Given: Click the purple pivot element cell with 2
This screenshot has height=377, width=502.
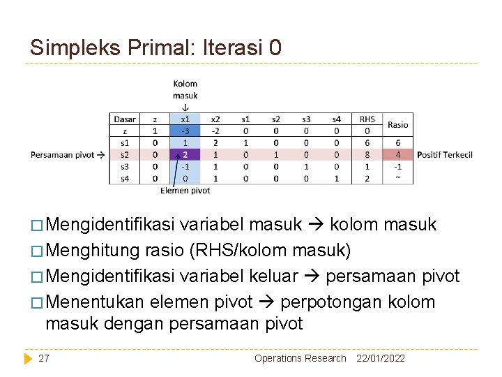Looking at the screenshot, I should [x=185, y=154].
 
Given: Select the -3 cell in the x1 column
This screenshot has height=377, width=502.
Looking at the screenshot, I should [x=185, y=131].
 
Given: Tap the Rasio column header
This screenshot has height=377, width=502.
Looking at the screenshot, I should [x=398, y=125].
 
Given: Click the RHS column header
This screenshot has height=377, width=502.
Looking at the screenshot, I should [x=367, y=119].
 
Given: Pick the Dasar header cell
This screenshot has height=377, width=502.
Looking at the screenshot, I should [x=125, y=119].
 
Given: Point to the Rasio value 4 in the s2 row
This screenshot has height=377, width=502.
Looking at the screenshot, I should [x=398, y=154].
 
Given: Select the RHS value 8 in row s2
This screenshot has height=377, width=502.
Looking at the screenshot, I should [x=367, y=154].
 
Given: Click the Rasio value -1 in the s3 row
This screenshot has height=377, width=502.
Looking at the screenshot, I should [x=398, y=167].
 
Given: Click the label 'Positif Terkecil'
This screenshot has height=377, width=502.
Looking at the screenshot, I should [x=445, y=154].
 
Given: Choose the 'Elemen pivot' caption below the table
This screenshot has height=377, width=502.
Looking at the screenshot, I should [x=185, y=191].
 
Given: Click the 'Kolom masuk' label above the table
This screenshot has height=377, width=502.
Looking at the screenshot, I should [x=185, y=89].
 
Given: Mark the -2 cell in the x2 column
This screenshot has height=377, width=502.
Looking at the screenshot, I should [x=215, y=131].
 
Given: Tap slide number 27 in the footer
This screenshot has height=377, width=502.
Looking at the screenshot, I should [x=44, y=358].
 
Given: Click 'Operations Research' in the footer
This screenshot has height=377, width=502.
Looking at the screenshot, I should [x=300, y=358].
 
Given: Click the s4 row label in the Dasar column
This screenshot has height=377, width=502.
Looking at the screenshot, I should [x=125, y=179].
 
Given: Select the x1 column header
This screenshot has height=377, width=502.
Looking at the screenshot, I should [x=185, y=119].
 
